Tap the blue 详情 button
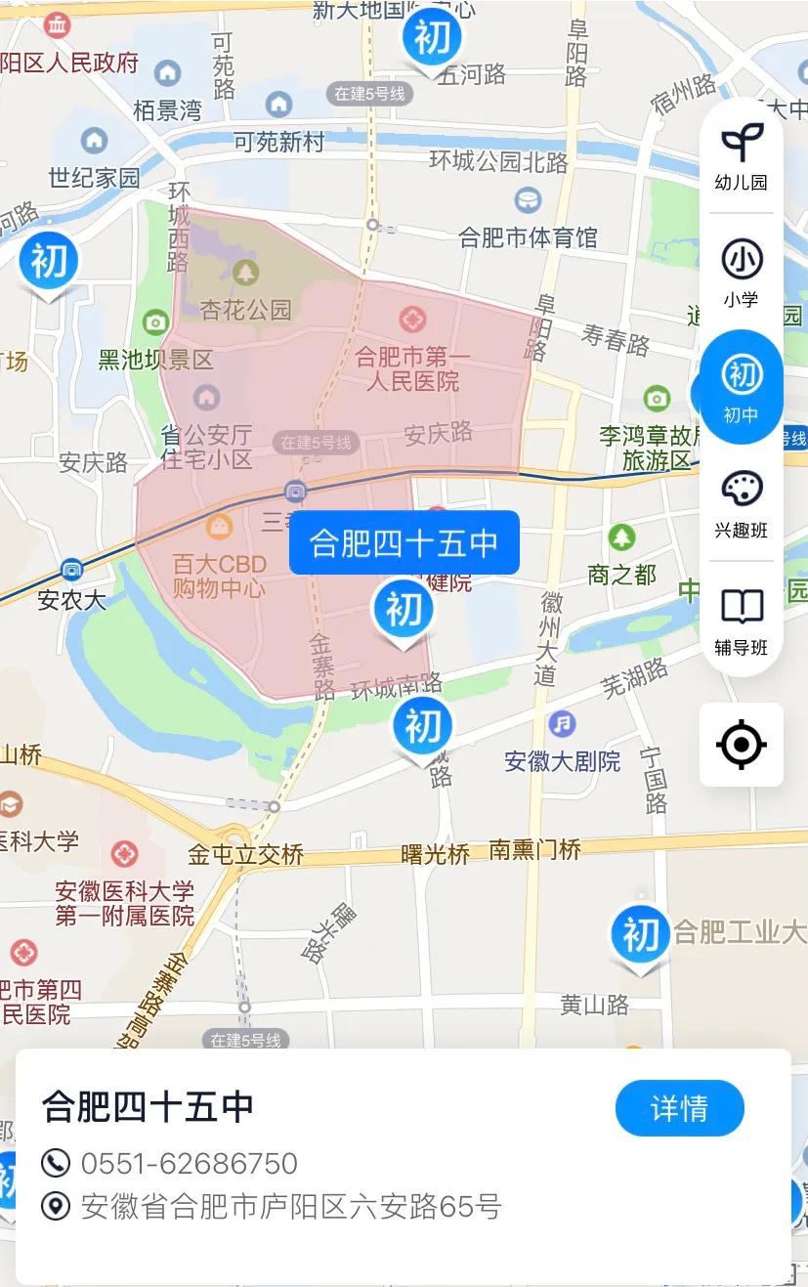(x=679, y=1108)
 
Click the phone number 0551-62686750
(x=189, y=1163)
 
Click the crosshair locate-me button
(x=742, y=746)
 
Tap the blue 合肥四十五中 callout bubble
(x=404, y=542)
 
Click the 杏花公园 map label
(x=246, y=310)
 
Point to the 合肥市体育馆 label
(x=528, y=236)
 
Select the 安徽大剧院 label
(x=563, y=760)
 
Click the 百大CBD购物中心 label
(x=219, y=576)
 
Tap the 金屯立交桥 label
(x=246, y=855)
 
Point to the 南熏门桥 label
(x=535, y=849)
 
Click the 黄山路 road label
(x=594, y=1005)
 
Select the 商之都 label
(x=621, y=575)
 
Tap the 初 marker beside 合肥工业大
(x=640, y=936)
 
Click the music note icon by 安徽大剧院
(x=562, y=724)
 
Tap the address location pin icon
(x=56, y=1207)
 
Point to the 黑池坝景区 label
(x=155, y=360)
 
